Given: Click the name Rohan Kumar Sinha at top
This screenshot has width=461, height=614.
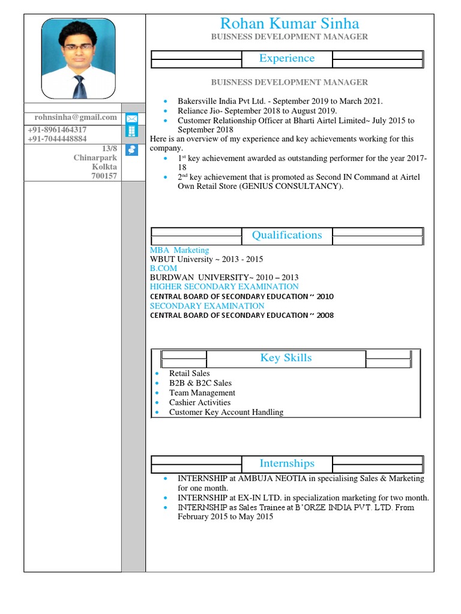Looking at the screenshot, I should point(289,23).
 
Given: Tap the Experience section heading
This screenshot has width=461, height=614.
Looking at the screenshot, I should point(286,58).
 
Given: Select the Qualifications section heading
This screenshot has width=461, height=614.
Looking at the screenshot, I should point(286,235).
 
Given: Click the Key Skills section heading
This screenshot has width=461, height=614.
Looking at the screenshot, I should point(286,358).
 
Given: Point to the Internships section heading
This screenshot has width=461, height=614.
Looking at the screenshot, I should point(286,463).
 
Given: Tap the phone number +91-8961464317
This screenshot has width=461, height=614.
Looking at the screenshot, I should point(57,130).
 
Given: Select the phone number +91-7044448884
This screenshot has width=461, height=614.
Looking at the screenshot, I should point(57,139).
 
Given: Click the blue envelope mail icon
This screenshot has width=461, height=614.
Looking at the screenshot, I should point(131,118).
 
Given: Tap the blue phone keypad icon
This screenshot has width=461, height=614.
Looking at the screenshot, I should point(131,132).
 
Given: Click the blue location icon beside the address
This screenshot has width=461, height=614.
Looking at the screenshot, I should point(131,150).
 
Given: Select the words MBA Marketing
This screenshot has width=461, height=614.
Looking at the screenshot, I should point(179,250).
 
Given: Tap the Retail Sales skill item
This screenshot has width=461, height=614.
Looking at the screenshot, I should point(189,373).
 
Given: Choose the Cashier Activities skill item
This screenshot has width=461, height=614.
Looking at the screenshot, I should point(199,402).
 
